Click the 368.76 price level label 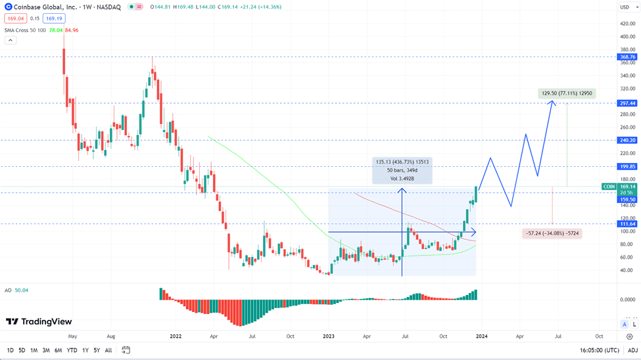(x=627, y=57)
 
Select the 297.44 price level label (x=627, y=103)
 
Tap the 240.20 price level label (x=627, y=140)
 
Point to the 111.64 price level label (x=627, y=224)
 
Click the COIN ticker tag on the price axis (x=609, y=187)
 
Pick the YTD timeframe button (x=72, y=350)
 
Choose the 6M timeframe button (x=58, y=350)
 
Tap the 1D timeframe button (x=10, y=350)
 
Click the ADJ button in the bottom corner (x=632, y=350)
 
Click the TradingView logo (x=39, y=322)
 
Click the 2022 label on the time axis (x=176, y=336)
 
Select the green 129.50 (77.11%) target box (x=567, y=93)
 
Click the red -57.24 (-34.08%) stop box (x=552, y=233)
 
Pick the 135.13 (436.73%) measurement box (x=402, y=170)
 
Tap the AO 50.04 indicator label (x=17, y=290)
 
